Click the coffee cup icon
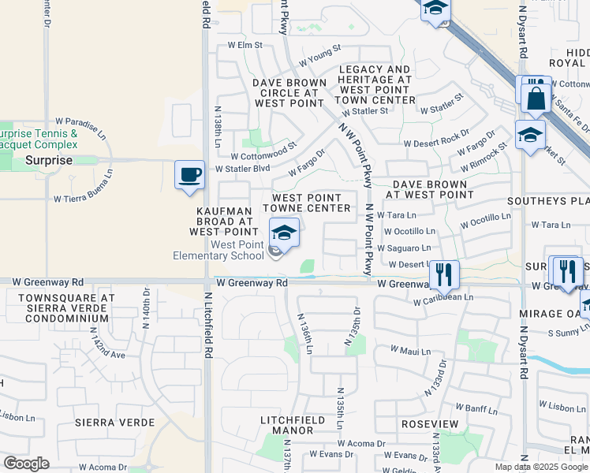[x=189, y=175]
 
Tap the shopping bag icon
[x=536, y=99]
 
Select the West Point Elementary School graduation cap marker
[x=284, y=233]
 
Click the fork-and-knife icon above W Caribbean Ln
[x=444, y=274]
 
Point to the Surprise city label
[x=48, y=160]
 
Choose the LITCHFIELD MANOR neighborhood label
[x=293, y=426]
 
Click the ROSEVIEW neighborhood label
[x=429, y=423]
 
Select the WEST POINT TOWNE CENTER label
[x=307, y=203]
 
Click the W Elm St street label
[x=245, y=46]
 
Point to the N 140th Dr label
[x=147, y=303]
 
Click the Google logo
[x=27, y=464]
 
